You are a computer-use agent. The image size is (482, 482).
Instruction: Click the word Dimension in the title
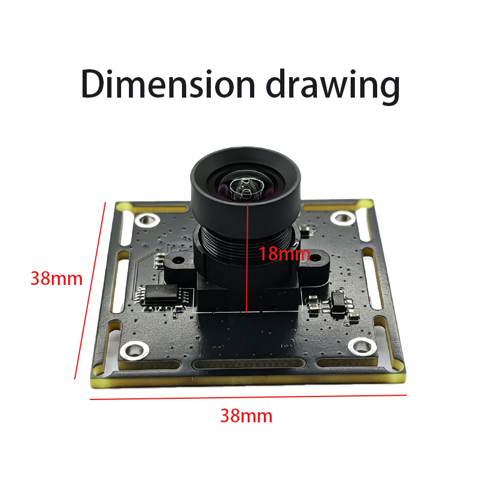click(168, 84)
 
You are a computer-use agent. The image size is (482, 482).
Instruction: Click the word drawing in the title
click(333, 87)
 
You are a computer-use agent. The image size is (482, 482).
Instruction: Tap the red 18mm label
click(284, 254)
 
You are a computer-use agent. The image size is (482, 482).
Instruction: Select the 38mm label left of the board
click(57, 278)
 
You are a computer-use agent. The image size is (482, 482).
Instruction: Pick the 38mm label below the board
click(246, 416)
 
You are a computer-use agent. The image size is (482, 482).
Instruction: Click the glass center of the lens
click(246, 188)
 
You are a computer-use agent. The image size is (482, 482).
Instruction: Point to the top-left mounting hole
click(147, 219)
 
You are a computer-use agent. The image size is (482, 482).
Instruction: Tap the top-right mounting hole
click(343, 218)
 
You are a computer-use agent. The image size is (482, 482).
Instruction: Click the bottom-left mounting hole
click(134, 351)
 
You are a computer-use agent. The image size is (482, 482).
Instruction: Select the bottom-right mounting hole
click(363, 347)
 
